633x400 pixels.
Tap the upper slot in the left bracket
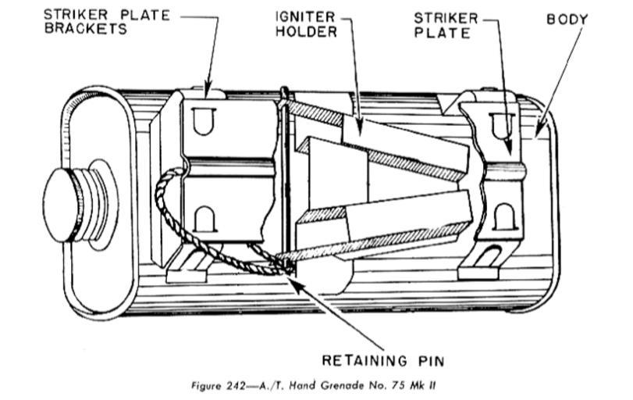(205, 118)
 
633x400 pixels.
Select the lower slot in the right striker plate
(504, 215)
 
